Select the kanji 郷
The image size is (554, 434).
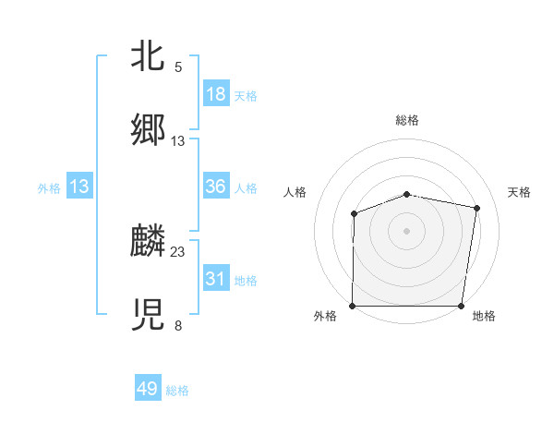tap(148, 130)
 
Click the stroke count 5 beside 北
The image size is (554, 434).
tap(178, 67)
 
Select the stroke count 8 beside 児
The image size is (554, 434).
tap(178, 325)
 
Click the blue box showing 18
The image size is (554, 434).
tap(215, 94)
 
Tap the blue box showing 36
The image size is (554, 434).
tap(215, 187)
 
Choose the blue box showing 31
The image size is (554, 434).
tap(215, 279)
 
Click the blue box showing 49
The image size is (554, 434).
tap(148, 389)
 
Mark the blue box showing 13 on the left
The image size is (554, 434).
tap(79, 187)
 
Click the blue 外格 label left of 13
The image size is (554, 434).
tap(49, 187)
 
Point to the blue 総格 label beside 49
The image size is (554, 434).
tap(177, 391)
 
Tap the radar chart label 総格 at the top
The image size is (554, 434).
tap(407, 120)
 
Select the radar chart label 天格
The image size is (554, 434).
tap(520, 192)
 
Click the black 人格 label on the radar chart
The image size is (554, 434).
tap(295, 192)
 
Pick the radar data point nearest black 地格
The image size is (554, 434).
tap(462, 306)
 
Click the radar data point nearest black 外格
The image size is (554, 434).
tap(353, 306)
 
